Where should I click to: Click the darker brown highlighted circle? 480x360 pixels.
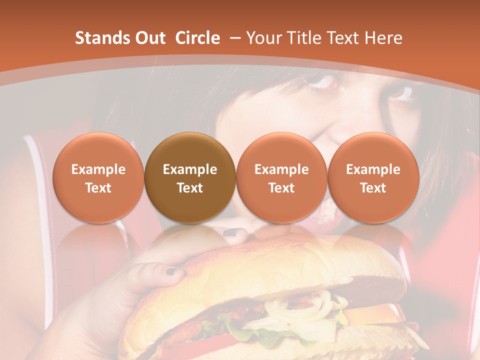(x=190, y=177)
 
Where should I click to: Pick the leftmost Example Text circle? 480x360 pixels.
(x=98, y=177)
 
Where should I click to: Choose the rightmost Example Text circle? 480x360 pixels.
(x=373, y=177)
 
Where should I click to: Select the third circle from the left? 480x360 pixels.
(x=281, y=177)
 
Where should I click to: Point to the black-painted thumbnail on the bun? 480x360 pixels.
(x=173, y=271)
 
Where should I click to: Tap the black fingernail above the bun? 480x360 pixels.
(x=231, y=232)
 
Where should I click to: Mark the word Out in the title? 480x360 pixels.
(x=149, y=38)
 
